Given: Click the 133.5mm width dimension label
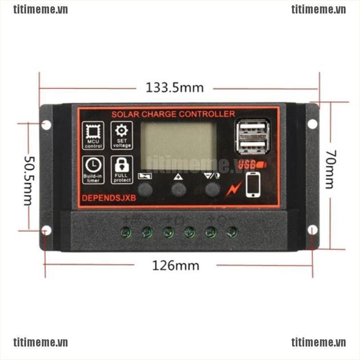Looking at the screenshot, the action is pos(175,87).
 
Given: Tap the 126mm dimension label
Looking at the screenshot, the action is pos(175,265).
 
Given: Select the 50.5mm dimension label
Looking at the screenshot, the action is pos(28,180).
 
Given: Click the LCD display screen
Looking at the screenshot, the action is pos(179,146).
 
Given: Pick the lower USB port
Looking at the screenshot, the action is pos(252,147).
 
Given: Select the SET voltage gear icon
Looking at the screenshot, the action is pos(121,135).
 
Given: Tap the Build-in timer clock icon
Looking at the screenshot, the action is pos(93,169).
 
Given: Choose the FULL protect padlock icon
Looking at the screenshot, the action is pos(121,169).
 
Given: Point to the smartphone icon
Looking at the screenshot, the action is pos(253,184).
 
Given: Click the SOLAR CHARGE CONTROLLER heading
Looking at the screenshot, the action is pos(173,114).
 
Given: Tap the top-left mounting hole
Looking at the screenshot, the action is pos(46,125).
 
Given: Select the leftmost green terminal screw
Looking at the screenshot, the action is pos(126,232).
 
